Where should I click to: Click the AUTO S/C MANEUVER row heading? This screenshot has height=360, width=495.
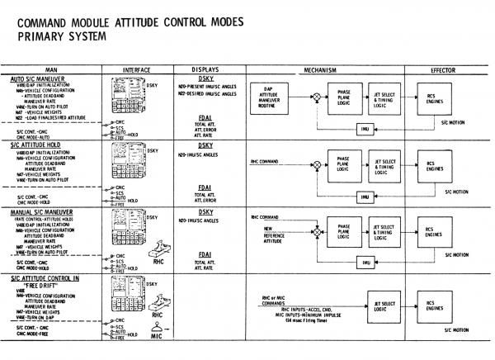coord(40,78)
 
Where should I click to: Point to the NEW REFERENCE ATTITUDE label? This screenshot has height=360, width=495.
coord(276,234)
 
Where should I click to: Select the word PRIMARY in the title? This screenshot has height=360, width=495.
coord(42,36)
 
